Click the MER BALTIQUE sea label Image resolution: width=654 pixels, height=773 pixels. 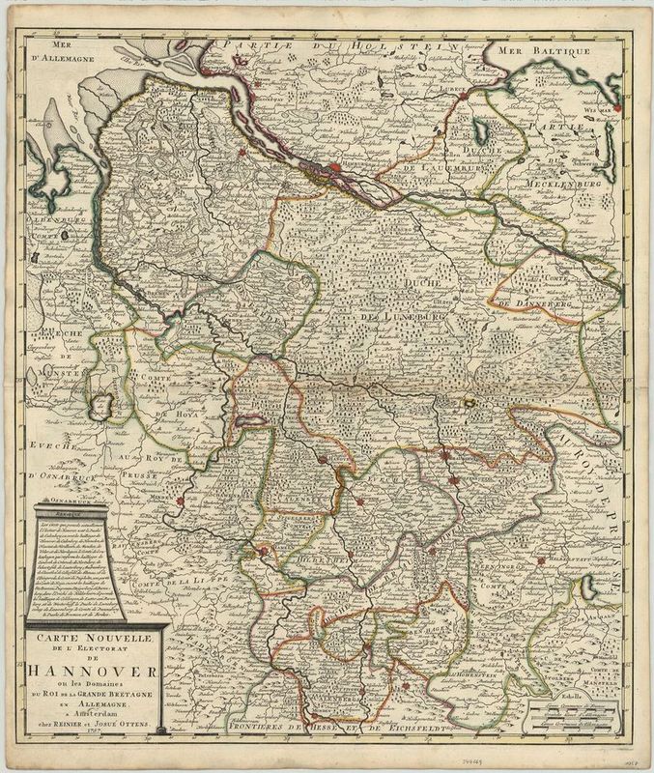[x=529, y=46]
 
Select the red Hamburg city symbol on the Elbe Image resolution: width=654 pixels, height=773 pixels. [x=334, y=169]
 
